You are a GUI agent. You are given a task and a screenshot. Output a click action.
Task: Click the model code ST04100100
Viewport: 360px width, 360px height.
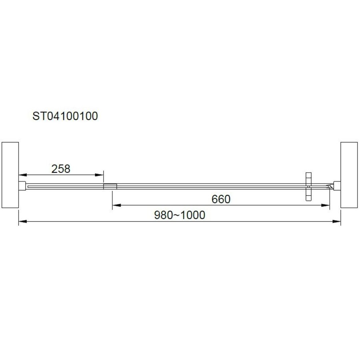[x=65, y=116]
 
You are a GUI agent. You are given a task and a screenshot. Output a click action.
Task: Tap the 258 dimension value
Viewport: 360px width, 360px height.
[x=61, y=169]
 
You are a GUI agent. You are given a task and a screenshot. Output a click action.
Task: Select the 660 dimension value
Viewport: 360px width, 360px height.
[x=221, y=199]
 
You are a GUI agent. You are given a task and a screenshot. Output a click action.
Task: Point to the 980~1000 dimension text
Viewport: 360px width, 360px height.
[x=180, y=215]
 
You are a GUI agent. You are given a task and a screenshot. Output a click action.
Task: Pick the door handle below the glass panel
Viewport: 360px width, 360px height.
[x=308, y=194]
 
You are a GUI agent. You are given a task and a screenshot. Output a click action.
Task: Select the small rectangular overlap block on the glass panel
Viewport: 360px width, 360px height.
[x=110, y=186]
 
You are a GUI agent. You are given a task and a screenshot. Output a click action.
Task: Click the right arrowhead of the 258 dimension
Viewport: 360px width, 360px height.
[x=100, y=175]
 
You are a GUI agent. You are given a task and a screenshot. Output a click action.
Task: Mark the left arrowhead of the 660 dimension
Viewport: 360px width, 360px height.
[x=115, y=205]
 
